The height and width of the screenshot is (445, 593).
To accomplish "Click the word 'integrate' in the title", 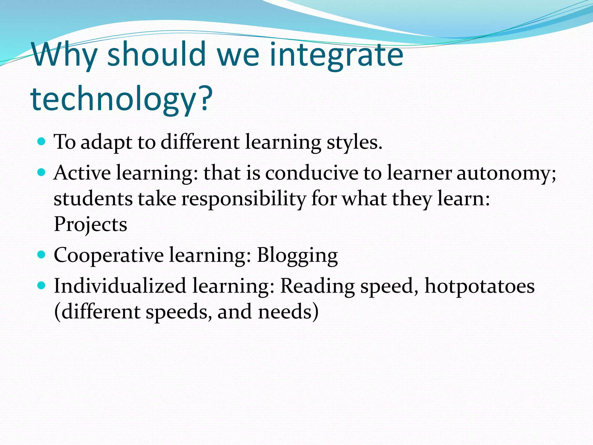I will coord(336,55).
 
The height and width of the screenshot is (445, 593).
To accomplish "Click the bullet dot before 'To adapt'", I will coord(42,142).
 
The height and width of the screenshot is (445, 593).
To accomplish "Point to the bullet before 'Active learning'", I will coord(42,173).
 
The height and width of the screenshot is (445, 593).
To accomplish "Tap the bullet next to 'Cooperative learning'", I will coord(42,255).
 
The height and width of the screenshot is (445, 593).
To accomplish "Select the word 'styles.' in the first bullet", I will coord(354,143).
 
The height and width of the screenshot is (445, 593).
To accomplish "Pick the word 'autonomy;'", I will coord(506,174).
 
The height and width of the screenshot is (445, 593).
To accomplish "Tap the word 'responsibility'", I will coord(244,199).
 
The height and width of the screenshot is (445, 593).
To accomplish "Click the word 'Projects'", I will coord(90,225).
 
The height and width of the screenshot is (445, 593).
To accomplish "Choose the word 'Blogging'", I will coord(297,256).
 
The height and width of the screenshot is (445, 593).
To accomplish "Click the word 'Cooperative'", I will coord(109,256).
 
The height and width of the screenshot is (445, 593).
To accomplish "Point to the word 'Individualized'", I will coord(120,286).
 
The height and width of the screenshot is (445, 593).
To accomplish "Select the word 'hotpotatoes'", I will coord(479,287).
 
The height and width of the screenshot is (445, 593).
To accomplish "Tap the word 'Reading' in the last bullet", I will coord(317,287).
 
